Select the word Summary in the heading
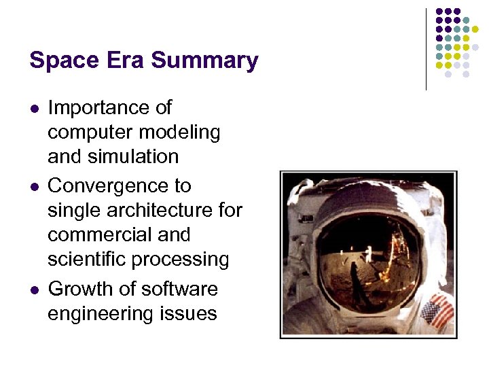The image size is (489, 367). point(204,61)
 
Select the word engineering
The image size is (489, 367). point(103,314)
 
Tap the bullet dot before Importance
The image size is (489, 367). point(33,109)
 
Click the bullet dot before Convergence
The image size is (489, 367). point(33,187)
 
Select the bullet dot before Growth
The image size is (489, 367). point(33,290)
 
